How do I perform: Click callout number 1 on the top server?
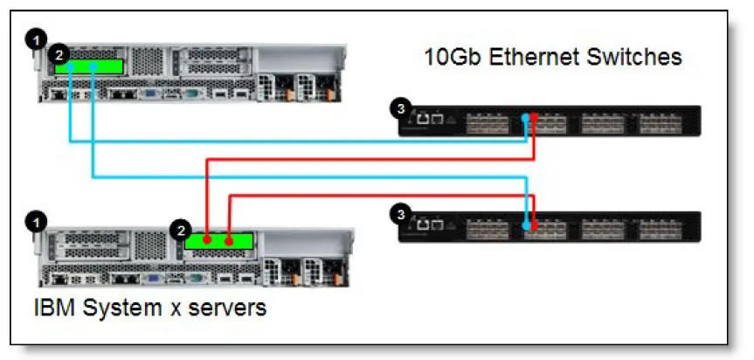coord(35,38)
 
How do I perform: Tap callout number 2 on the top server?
coord(58,53)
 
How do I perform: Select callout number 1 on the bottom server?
coord(35,222)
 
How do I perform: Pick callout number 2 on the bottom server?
coord(181,231)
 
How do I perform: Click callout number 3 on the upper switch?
coord(400,108)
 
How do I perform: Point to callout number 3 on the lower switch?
coord(400,213)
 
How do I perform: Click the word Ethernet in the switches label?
coord(541,59)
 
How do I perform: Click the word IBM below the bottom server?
coord(54,308)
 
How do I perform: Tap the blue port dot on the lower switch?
coord(525,225)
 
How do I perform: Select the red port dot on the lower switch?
coord(534,225)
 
